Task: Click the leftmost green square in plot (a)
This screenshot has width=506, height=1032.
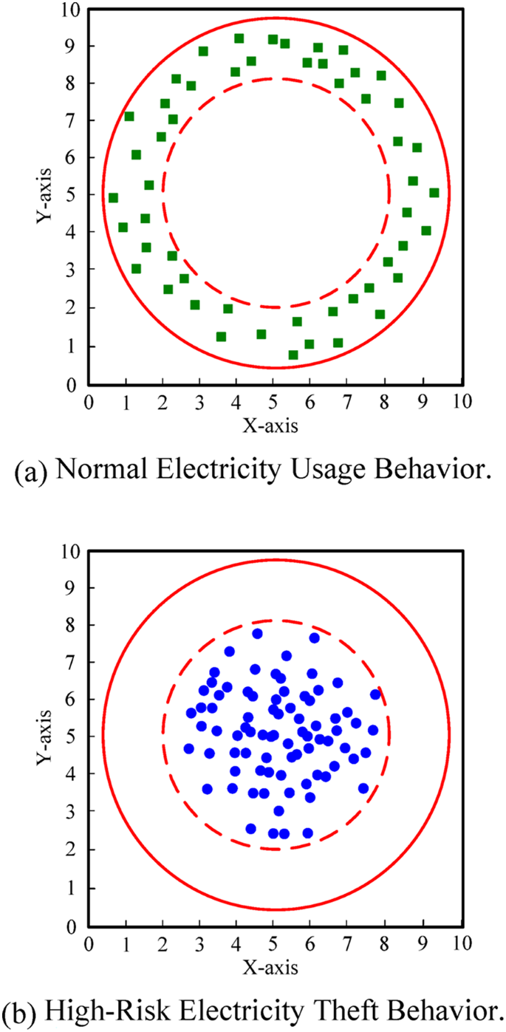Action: (x=113, y=198)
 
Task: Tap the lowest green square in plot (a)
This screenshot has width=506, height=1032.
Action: (x=293, y=355)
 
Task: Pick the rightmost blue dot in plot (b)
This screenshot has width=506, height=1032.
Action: (x=375, y=694)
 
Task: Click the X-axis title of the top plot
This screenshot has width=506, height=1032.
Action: (x=274, y=426)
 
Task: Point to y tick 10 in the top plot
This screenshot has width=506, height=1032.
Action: (x=72, y=9)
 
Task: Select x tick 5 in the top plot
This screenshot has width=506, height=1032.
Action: (x=273, y=403)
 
